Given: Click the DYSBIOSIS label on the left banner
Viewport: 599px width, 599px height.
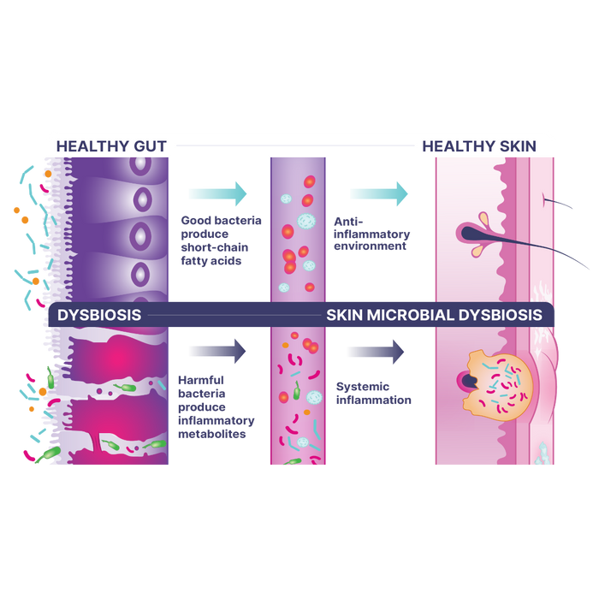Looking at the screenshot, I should (99, 315).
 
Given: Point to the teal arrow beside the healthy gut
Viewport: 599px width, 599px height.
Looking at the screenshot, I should (217, 193).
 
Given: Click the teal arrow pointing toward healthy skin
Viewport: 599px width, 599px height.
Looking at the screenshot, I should (378, 193).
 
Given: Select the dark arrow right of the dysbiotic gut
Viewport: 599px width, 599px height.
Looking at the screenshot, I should (217, 350).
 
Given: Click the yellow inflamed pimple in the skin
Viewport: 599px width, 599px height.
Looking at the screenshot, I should (496, 381).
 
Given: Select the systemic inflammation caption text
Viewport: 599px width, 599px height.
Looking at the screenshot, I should (375, 393).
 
